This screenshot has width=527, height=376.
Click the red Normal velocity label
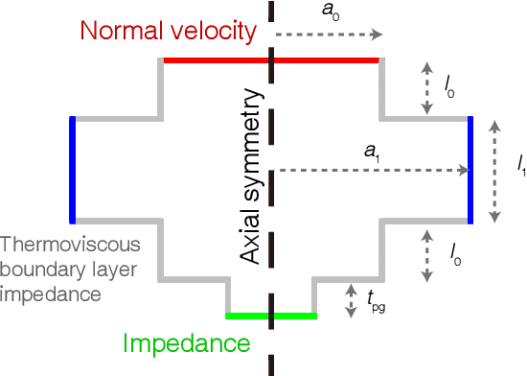pyautogui.click(x=168, y=31)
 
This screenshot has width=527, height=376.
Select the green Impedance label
pyautogui.click(x=187, y=343)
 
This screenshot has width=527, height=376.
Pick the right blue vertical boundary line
pyautogui.click(x=470, y=170)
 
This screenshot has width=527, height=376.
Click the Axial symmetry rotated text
pyautogui.click(x=252, y=177)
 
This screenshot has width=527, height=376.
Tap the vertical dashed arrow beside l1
pyautogui.click(x=495, y=172)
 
